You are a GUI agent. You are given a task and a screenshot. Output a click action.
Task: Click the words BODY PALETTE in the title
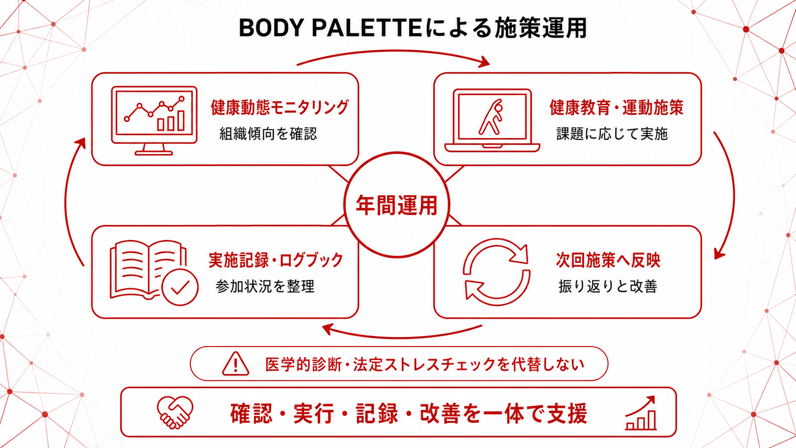tap(330, 28)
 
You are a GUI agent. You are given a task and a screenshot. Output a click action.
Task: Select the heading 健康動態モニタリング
tap(279, 107)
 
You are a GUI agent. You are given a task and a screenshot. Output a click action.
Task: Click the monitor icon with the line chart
tap(154, 121)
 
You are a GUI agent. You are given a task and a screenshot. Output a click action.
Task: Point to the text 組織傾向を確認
tap(268, 134)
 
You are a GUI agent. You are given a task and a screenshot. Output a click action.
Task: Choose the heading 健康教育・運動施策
tap(617, 107)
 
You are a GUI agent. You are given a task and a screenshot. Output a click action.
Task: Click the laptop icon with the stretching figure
tap(492, 120)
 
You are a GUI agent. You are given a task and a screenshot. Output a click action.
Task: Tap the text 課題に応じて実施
tap(612, 134)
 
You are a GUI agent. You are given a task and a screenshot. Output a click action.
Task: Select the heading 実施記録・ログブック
tap(276, 260)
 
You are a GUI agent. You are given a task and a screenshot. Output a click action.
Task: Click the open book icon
tap(148, 270)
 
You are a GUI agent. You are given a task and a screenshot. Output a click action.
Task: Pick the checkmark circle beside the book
tap(180, 287)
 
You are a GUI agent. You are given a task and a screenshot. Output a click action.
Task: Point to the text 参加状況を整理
tap(265, 286)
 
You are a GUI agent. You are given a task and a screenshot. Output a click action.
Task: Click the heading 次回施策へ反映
tap(608, 260)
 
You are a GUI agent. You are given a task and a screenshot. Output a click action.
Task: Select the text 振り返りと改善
tap(607, 286)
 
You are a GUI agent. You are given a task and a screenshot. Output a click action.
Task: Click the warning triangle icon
tap(235, 364)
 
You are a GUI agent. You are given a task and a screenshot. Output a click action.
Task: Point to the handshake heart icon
tap(175, 412)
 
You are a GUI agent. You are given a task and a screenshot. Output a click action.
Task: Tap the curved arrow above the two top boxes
tap(393, 51)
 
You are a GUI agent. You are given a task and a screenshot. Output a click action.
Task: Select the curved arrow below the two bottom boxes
tap(401, 337)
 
